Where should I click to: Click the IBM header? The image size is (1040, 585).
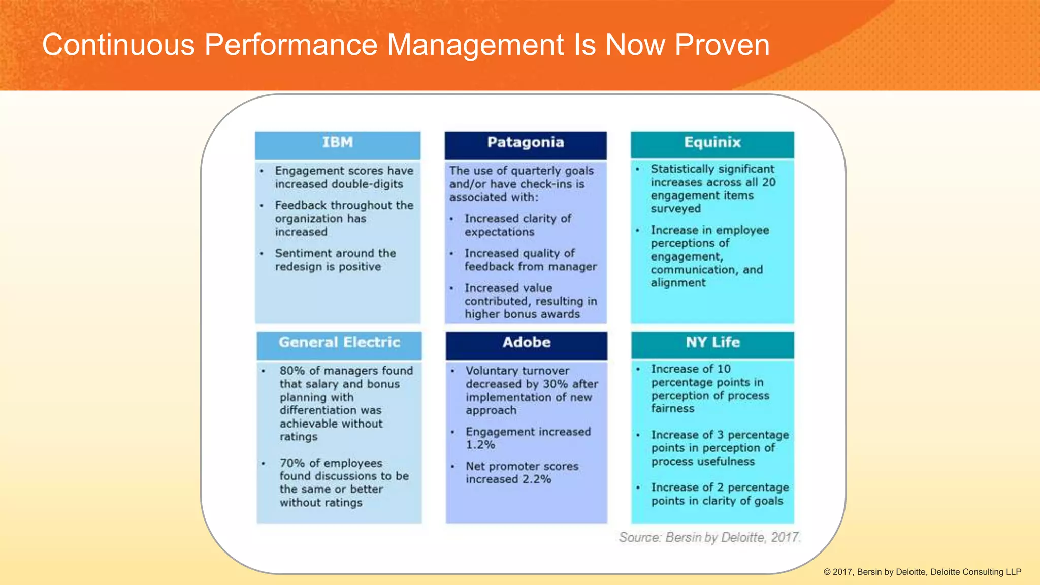pyautogui.click(x=337, y=143)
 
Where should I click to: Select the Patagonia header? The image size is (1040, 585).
pyautogui.click(x=526, y=143)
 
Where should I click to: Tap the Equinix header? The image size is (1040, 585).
pyautogui.click(x=712, y=143)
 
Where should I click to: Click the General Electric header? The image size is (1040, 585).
pyautogui.click(x=339, y=343)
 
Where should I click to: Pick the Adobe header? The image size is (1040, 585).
pyautogui.click(x=527, y=343)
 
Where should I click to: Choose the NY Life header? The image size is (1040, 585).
pyautogui.click(x=712, y=343)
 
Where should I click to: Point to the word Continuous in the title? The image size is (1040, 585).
pyautogui.click(x=118, y=45)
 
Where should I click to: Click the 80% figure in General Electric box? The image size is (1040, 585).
pyautogui.click(x=292, y=371)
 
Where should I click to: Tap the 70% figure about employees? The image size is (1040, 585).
pyautogui.click(x=292, y=463)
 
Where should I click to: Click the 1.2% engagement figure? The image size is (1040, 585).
pyautogui.click(x=480, y=445)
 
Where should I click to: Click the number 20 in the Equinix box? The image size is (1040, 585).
pyautogui.click(x=768, y=182)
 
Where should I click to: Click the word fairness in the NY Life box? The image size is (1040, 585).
pyautogui.click(x=672, y=409)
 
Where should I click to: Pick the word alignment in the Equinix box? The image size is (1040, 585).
pyautogui.click(x=678, y=283)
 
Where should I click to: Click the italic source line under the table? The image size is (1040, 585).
pyautogui.click(x=709, y=537)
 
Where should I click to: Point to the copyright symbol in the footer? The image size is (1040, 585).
pyautogui.click(x=827, y=572)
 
